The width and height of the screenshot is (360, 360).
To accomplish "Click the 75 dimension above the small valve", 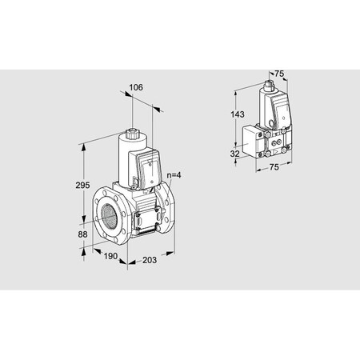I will coord(280,74).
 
